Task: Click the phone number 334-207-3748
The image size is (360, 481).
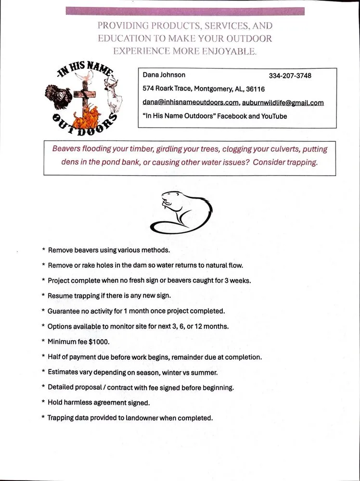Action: pyautogui.click(x=290, y=76)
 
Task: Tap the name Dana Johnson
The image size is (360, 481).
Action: pyautogui.click(x=164, y=75)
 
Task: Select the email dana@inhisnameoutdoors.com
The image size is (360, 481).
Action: pyautogui.click(x=191, y=102)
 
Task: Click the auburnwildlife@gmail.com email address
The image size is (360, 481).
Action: pyautogui.click(x=283, y=102)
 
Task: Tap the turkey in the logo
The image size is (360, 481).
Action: pyautogui.click(x=59, y=95)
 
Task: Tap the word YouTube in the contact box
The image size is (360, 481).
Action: pyautogui.click(x=274, y=116)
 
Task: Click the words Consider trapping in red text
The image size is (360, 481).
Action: pyautogui.click(x=285, y=162)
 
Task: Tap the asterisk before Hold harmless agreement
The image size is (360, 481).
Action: pyautogui.click(x=44, y=403)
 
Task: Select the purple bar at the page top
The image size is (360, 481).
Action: pyautogui.click(x=185, y=11)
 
